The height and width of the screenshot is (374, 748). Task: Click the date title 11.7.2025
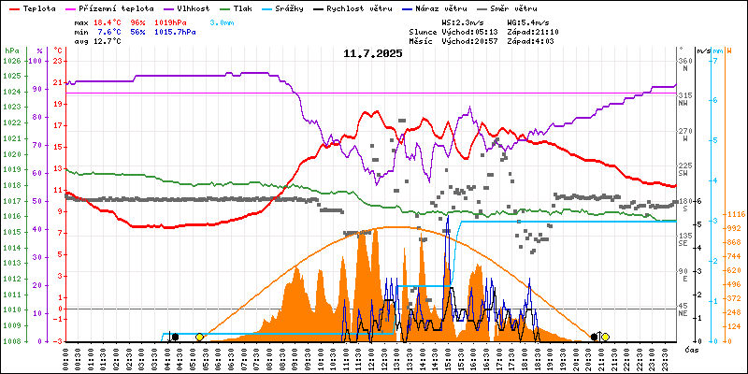pyautogui.click(x=372, y=53)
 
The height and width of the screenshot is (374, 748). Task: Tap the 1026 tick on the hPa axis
pyautogui.click(x=11, y=61)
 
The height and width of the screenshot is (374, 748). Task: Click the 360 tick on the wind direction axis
pyautogui.click(x=685, y=61)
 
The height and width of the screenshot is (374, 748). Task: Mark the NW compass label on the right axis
pyautogui.click(x=685, y=105)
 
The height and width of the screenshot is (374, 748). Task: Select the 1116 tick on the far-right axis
pyautogui.click(x=734, y=214)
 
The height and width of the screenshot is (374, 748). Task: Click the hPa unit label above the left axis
pyautogui.click(x=11, y=50)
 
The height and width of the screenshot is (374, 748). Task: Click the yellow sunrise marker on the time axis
pyautogui.click(x=199, y=336)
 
